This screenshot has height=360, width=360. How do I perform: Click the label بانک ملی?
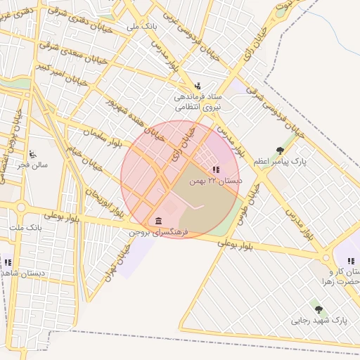[x=141, y=26]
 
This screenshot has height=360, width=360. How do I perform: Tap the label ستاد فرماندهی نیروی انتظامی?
[x=198, y=101]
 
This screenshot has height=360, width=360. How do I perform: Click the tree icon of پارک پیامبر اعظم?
[x=281, y=150]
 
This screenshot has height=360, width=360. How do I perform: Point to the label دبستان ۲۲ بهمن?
[x=216, y=181]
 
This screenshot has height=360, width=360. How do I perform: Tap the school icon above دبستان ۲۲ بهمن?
[x=216, y=169]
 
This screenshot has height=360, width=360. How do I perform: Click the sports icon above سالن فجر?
[x=32, y=153]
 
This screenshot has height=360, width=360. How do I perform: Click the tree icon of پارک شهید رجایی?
[x=319, y=309]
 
